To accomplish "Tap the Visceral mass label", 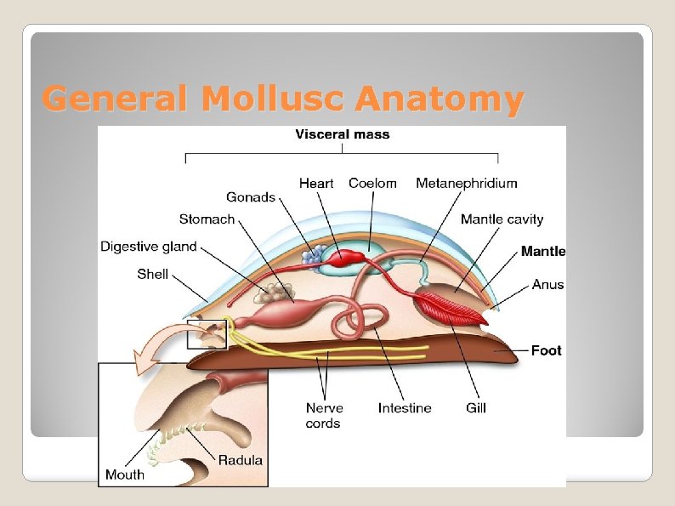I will pyautogui.click(x=342, y=134).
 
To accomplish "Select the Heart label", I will pyautogui.click(x=316, y=183).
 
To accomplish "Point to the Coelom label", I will pyautogui.click(x=372, y=183).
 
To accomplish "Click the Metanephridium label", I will pyautogui.click(x=466, y=183).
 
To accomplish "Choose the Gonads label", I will pyautogui.click(x=251, y=197).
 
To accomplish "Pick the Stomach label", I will pyautogui.click(x=207, y=219).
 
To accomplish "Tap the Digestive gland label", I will pyautogui.click(x=149, y=247).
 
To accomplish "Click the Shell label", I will pyautogui.click(x=153, y=274).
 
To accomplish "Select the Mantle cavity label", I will pyautogui.click(x=502, y=219).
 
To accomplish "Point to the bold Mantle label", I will pyautogui.click(x=543, y=251).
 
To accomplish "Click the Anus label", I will pyautogui.click(x=547, y=284).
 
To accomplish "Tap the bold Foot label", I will pyautogui.click(x=546, y=350).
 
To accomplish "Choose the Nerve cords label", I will pyautogui.click(x=324, y=415).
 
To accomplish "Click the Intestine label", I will pyautogui.click(x=405, y=408).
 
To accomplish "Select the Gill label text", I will pyautogui.click(x=476, y=408).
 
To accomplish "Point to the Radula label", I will pyautogui.click(x=241, y=460).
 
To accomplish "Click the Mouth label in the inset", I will pyautogui.click(x=125, y=475).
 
